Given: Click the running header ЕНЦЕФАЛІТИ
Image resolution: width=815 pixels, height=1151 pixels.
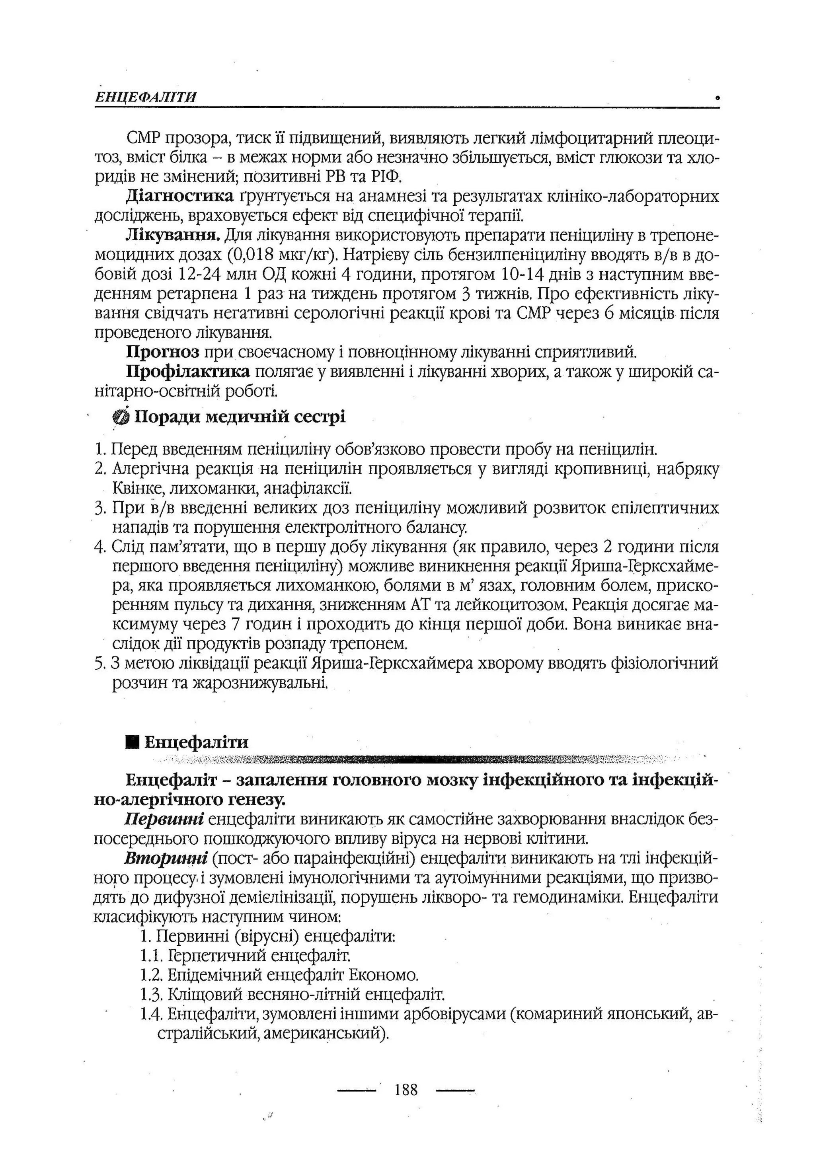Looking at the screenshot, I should pos(146,97).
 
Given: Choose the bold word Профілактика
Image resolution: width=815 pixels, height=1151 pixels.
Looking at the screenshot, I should pos(188,372).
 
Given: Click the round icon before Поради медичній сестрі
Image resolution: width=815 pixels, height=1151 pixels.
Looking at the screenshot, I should pos(121,417).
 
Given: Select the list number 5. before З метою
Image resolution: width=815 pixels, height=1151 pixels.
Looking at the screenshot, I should pos(99,663).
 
